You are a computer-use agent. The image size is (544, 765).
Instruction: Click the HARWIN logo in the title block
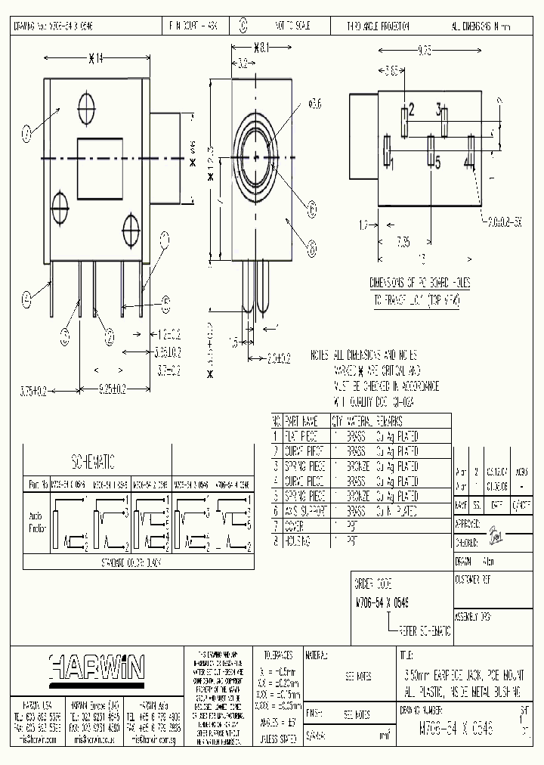(97, 667)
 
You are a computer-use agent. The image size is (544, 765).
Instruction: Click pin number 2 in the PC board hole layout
(411, 109)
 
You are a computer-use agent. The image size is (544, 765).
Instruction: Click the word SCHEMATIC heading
(92, 460)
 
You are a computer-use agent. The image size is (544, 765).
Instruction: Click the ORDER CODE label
(374, 584)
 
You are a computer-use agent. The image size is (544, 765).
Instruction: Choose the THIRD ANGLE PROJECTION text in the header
(378, 26)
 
